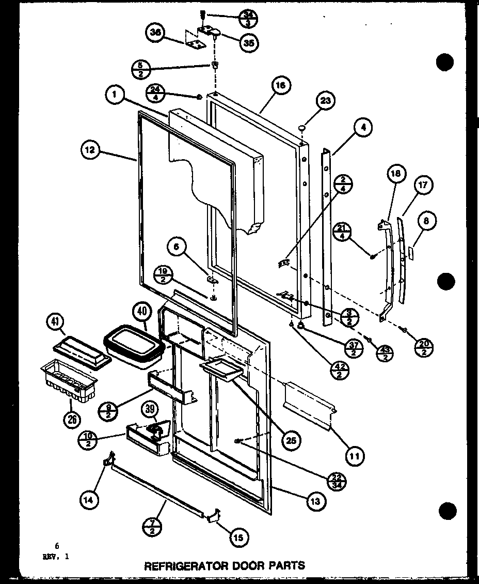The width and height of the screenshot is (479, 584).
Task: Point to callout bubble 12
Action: [x=90, y=150]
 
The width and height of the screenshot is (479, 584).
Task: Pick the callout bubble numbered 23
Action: [x=326, y=101]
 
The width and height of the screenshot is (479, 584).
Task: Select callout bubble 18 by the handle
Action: [x=396, y=174]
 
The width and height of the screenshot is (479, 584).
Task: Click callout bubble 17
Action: [x=423, y=185]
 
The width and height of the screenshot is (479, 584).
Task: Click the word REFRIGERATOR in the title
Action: [x=177, y=565]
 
